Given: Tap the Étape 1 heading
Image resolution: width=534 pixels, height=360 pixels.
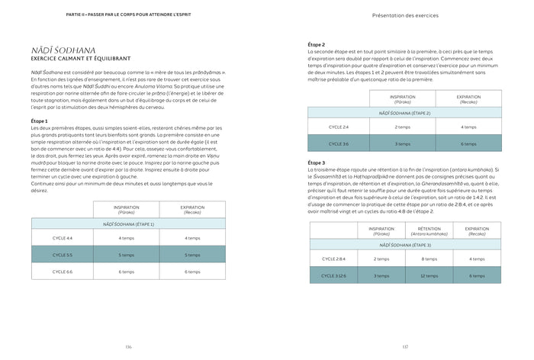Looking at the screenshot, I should click(x=40, y=121).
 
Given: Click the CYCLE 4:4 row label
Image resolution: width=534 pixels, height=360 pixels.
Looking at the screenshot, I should click(x=63, y=238).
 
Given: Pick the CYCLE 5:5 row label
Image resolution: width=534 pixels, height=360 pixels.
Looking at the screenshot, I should click(x=63, y=255).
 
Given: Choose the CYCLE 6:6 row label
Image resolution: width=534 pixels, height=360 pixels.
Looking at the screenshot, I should click(x=63, y=271).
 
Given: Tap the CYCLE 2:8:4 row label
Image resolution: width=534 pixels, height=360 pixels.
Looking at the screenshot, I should click(x=335, y=259).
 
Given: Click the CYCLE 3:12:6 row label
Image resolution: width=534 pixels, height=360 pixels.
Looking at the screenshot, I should click(x=335, y=276).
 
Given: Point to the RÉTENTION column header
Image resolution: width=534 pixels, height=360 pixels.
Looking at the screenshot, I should click(x=429, y=230).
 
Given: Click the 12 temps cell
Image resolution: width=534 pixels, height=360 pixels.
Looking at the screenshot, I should click(x=429, y=276).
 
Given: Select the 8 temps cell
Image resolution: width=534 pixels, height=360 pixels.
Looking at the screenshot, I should click(x=429, y=259).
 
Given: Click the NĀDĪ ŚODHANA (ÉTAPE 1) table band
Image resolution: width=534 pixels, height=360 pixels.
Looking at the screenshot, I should click(x=129, y=223).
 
